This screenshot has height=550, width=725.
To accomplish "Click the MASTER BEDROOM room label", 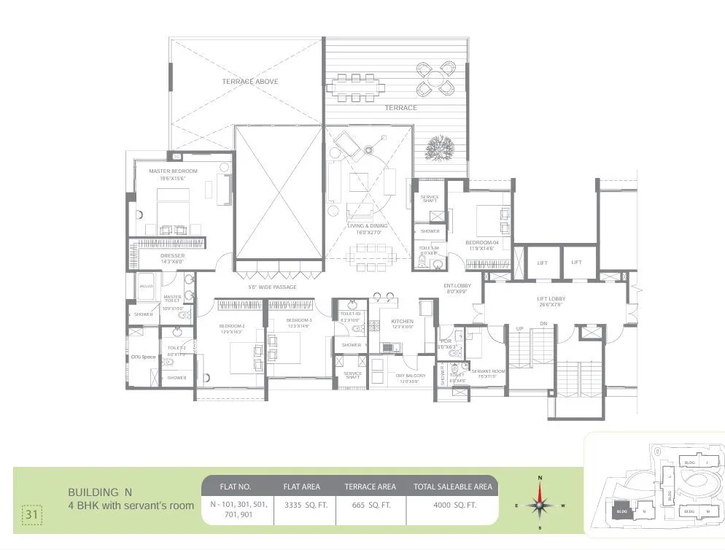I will (173, 171).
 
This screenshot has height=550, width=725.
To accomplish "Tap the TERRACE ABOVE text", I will (250, 82).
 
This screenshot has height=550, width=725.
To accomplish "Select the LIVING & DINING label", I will (367, 226).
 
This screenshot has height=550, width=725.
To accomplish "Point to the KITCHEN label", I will (402, 321).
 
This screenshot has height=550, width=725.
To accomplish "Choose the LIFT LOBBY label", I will (551, 298).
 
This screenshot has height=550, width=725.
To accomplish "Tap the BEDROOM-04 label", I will (481, 241).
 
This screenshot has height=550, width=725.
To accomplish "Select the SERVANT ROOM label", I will (488, 371).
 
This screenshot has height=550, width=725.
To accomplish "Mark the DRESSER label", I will (173, 256).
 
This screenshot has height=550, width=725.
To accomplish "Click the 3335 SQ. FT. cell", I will (304, 505).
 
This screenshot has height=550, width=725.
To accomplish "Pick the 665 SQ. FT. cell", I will (370, 505).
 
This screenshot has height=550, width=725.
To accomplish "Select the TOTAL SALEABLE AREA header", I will (452, 487).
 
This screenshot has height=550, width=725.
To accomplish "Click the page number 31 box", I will (31, 514).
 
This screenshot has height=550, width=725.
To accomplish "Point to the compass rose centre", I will (540, 504).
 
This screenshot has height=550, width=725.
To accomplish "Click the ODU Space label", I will (143, 357).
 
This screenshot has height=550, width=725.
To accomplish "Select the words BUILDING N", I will (100, 492).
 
